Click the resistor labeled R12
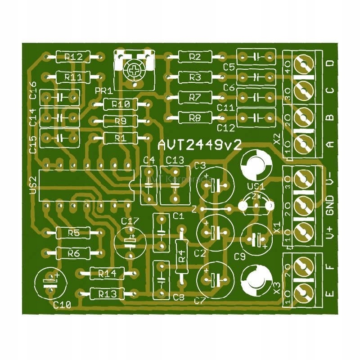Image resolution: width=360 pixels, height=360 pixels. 73,57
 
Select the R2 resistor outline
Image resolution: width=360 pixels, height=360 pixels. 195,57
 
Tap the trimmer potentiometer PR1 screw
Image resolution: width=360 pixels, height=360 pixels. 134,70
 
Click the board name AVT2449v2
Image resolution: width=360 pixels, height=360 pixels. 200,145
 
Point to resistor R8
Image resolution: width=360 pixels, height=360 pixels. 195,118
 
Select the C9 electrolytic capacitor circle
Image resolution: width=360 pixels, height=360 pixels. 257,239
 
